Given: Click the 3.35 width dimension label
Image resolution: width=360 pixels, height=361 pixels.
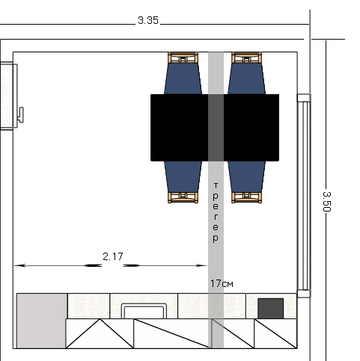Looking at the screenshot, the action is tap(148, 20).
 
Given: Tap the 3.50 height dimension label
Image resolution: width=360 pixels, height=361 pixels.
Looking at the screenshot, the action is tap(326, 202).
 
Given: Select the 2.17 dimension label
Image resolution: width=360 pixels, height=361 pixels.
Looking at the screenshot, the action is tap(113, 256).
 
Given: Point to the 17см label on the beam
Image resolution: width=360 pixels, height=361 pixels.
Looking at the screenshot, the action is tap(222, 283).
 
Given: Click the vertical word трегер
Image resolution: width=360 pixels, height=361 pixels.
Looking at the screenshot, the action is tap(216, 213).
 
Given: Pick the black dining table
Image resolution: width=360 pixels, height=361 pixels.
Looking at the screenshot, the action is tap(215, 128).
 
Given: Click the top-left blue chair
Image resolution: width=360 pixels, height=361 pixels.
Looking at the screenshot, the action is tap(183, 73).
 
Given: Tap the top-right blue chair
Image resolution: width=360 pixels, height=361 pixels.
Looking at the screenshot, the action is tap(247, 73).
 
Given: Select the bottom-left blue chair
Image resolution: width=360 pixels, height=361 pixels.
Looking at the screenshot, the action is tap(183, 182).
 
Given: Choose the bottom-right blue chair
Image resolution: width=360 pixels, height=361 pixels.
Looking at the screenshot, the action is tap(247, 182).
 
